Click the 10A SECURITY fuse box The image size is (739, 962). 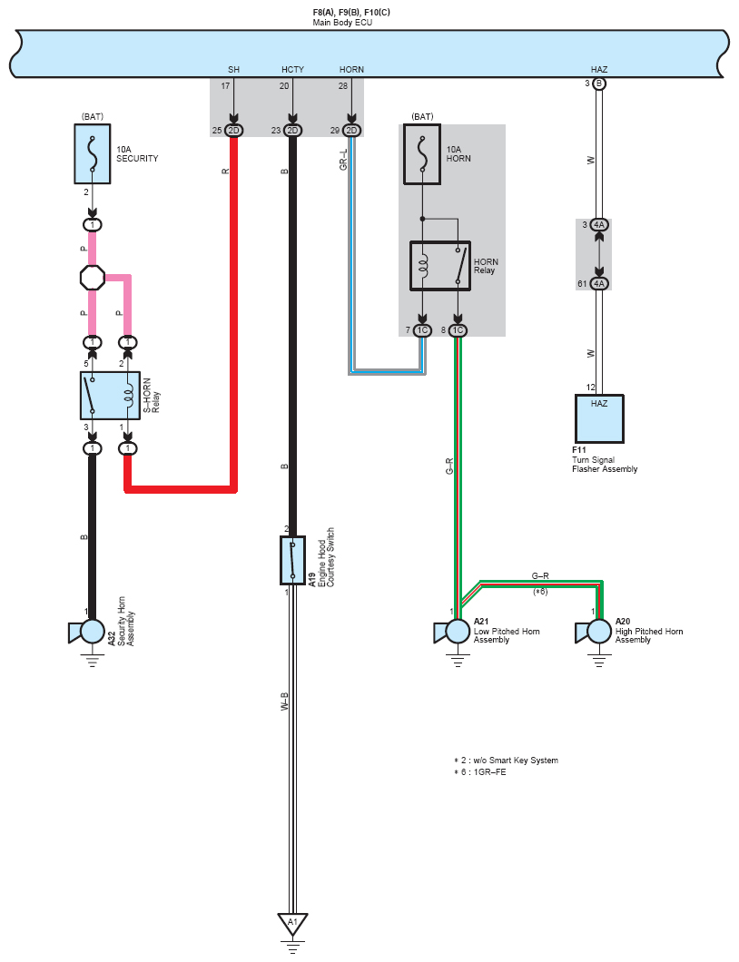click(x=93, y=154)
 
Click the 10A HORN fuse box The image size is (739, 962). click(x=421, y=154)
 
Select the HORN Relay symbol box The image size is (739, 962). click(x=440, y=266)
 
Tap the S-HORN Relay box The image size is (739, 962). click(x=111, y=396)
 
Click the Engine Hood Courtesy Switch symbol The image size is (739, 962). click(x=292, y=560)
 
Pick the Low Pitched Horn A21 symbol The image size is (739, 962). click(x=452, y=632)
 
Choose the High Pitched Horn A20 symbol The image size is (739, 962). click(x=593, y=632)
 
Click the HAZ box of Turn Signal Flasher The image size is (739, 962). click(x=599, y=418)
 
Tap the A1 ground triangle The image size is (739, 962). click(x=292, y=923)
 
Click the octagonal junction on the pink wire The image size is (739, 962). click(x=93, y=278)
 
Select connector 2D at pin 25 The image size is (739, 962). click(x=234, y=130)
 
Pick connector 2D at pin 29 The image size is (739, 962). click(x=351, y=130)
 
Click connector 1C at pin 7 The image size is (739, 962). click(x=422, y=330)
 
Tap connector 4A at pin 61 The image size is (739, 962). click(x=599, y=283)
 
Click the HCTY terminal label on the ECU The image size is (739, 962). click(x=292, y=69)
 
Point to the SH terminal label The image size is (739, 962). click(x=234, y=69)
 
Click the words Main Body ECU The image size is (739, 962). click(x=342, y=23)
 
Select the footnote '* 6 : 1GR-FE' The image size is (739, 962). click(x=480, y=771)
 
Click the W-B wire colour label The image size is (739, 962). click(x=284, y=702)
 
